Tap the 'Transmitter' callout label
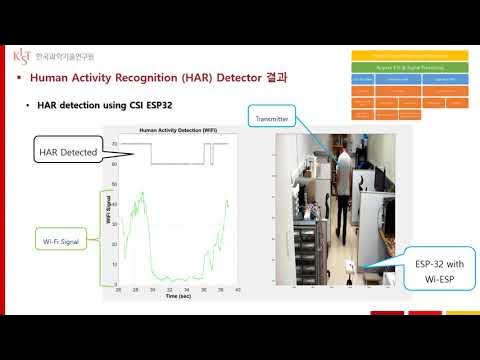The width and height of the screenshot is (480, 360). pos(272,119)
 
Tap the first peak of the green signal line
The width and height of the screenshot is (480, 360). pos(146,192)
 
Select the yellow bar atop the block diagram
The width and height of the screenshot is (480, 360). pos(409,54)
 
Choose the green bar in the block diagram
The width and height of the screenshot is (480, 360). pos(409,65)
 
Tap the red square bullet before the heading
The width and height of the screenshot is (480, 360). pos(20,78)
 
